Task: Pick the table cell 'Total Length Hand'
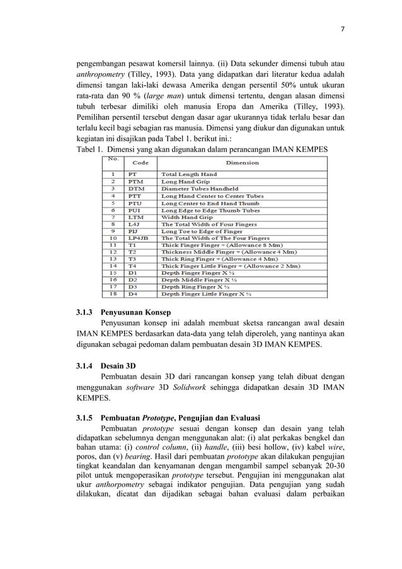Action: [x=189, y=174]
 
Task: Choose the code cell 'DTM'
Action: [x=135, y=189]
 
